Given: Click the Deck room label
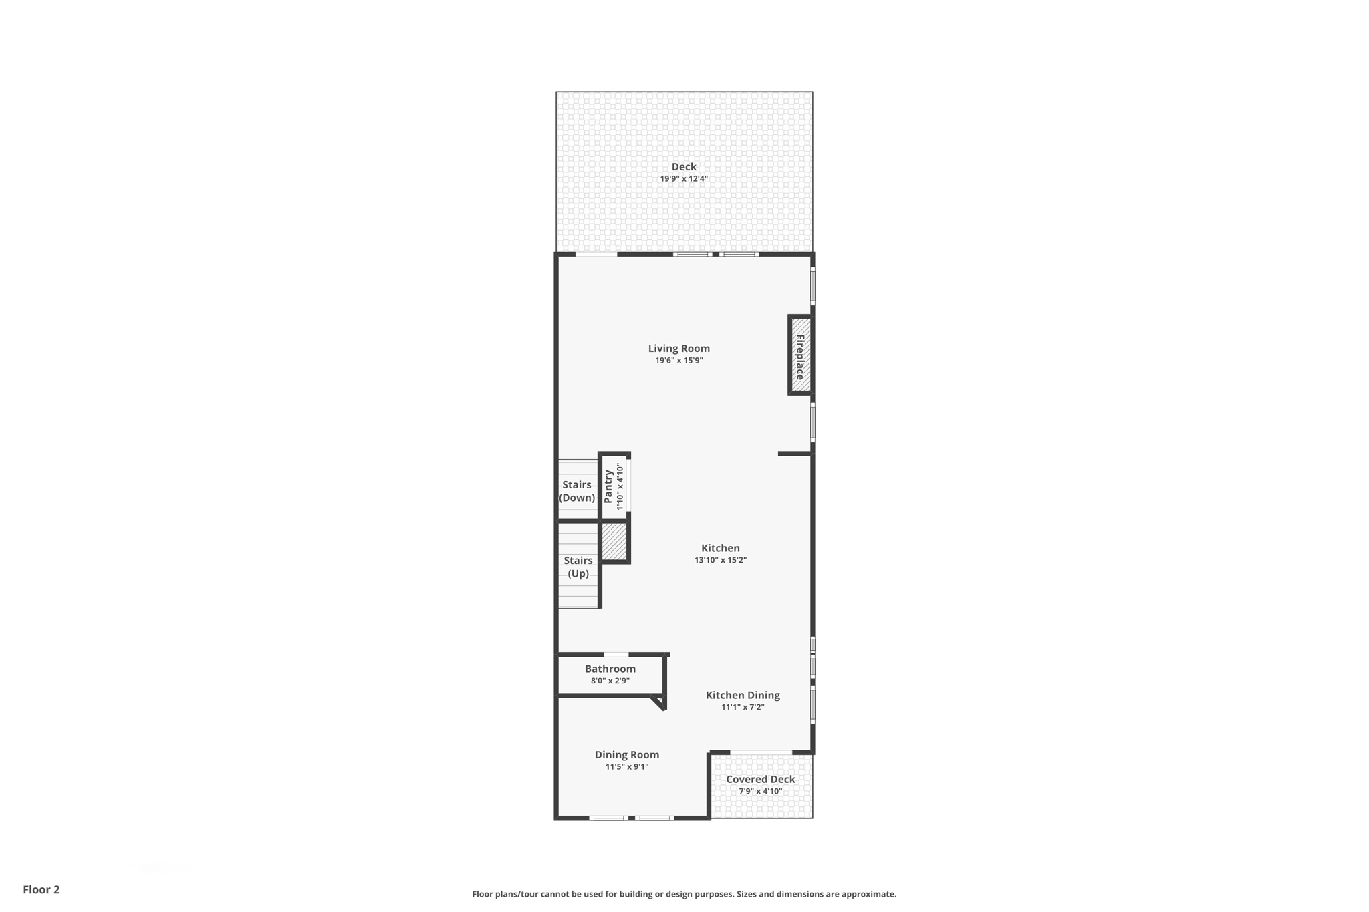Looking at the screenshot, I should [684, 166].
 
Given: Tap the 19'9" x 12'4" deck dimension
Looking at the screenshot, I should [684, 179].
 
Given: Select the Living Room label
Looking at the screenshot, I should [678, 348].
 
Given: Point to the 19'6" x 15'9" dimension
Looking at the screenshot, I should [678, 361].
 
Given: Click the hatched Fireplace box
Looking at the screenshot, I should [800, 355].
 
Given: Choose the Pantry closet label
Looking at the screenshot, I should [608, 486].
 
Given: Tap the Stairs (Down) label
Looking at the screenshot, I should [577, 491].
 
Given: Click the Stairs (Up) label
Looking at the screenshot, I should [578, 567].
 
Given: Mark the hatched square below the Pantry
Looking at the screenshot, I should [614, 541].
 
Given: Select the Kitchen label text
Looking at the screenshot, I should [720, 548].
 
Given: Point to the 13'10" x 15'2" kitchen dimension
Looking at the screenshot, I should [720, 560].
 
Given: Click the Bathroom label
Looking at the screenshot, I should [610, 669].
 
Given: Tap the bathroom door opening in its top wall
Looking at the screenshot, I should [616, 655].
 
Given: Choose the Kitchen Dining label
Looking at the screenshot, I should [743, 695].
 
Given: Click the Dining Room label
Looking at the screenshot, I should [627, 754].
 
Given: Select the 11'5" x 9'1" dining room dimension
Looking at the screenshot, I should [627, 767].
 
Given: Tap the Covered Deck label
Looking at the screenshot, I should [761, 779].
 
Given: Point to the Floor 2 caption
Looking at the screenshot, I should [41, 889].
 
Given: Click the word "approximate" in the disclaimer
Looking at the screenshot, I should [868, 894].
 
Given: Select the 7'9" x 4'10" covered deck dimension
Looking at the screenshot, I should [761, 792].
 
